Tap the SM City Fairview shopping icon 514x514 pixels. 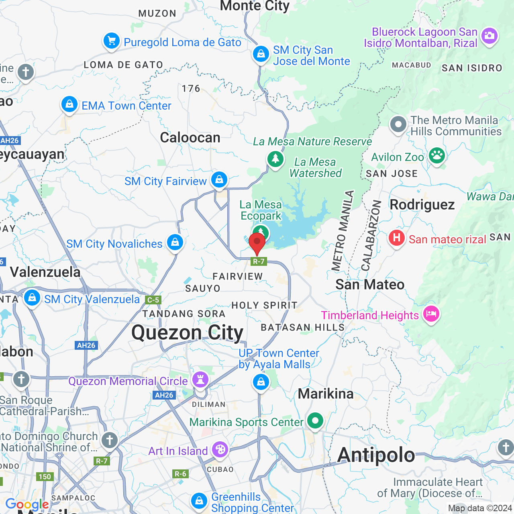click(219, 179)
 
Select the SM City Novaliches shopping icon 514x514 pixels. click(175, 242)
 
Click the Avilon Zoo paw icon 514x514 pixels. click(436, 156)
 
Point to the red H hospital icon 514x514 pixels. click(396, 238)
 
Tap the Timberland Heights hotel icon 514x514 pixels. click(431, 314)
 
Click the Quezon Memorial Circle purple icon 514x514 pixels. click(200, 379)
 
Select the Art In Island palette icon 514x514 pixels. click(220, 449)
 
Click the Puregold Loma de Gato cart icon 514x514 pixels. click(111, 41)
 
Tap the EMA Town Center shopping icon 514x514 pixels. click(69, 104)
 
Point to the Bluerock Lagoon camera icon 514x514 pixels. click(489, 36)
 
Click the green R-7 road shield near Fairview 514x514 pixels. click(259, 261)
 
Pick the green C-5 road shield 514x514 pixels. click(153, 300)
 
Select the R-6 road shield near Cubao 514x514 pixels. click(180, 474)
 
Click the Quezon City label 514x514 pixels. click(188, 332)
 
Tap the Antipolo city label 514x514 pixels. click(376, 455)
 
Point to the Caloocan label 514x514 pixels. click(190, 138)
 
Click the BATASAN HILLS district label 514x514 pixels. click(303, 327)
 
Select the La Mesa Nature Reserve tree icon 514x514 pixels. click(275, 159)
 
